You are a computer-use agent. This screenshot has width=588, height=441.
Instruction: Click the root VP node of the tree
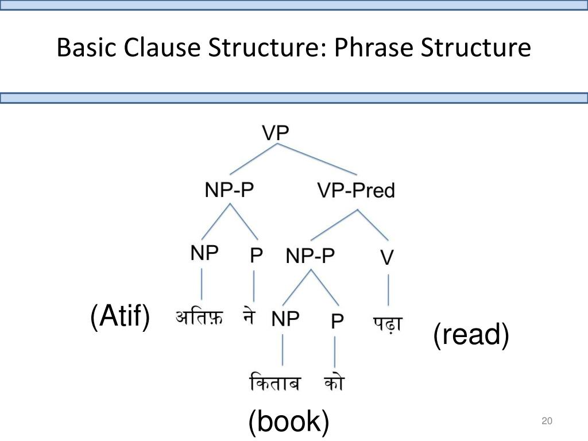[x=276, y=134]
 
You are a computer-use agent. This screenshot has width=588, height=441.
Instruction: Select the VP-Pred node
[x=356, y=190]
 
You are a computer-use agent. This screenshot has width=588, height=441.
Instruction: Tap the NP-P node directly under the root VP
[x=229, y=190]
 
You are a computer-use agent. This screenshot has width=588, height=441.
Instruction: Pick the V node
[x=387, y=257]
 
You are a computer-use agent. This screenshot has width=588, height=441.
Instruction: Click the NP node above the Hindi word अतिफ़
[x=204, y=253]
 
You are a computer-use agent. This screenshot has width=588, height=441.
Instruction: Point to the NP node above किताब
[x=285, y=319]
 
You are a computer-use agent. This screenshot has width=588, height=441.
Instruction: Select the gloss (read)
[x=471, y=335]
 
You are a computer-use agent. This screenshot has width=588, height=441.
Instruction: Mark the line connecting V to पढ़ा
[x=389, y=291]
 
